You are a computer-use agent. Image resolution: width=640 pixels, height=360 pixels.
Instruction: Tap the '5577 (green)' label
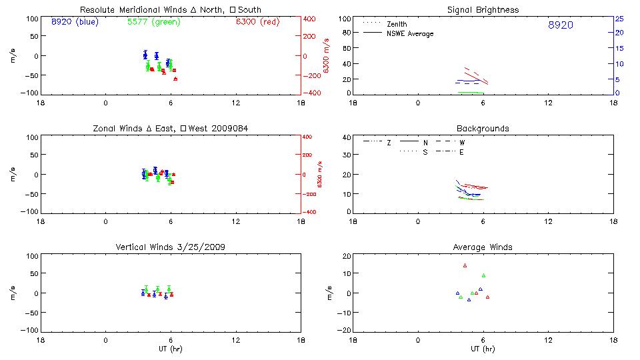pyautogui.click(x=153, y=22)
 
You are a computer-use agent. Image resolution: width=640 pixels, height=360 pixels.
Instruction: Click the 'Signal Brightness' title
pyautogui.click(x=483, y=10)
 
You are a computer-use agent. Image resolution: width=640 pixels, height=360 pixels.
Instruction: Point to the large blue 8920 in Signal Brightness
pyautogui.click(x=560, y=25)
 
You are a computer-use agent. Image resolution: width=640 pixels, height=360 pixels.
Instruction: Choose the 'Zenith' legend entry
pyautogui.click(x=397, y=25)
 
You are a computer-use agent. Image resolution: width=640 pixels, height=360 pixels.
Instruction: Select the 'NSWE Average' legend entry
pyautogui.click(x=409, y=33)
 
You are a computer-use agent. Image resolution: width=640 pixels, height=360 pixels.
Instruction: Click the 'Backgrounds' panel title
pyautogui.click(x=483, y=128)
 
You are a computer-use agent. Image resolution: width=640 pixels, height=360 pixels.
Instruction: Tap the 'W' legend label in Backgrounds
pyautogui.click(x=461, y=142)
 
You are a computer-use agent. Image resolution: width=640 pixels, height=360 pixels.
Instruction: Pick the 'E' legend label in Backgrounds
pyautogui.click(x=461, y=152)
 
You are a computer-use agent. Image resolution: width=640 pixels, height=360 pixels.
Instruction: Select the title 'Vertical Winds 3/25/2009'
pyautogui.click(x=170, y=247)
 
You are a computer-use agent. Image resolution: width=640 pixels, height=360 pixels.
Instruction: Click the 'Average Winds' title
pyautogui.click(x=483, y=247)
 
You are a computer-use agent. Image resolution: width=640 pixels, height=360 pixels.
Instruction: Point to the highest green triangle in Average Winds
pyautogui.click(x=483, y=275)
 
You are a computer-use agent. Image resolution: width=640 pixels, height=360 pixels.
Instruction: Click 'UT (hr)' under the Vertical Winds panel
pyautogui.click(x=170, y=349)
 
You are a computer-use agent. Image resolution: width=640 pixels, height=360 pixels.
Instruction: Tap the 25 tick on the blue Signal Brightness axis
pyautogui.click(x=619, y=19)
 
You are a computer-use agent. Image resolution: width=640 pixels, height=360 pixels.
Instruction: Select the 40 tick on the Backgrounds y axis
pyautogui.click(x=347, y=138)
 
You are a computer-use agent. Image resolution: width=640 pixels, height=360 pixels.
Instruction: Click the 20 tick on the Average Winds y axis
pyautogui.click(x=347, y=256)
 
